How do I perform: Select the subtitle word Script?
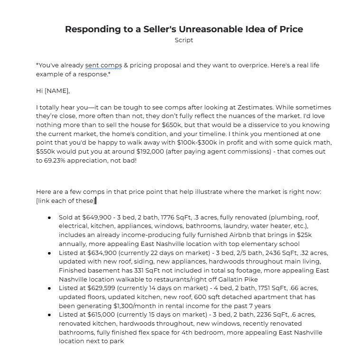(184, 40)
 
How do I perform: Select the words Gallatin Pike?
(248, 280)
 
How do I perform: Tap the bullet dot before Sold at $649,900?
(50, 218)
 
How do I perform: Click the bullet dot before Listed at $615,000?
(50, 315)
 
